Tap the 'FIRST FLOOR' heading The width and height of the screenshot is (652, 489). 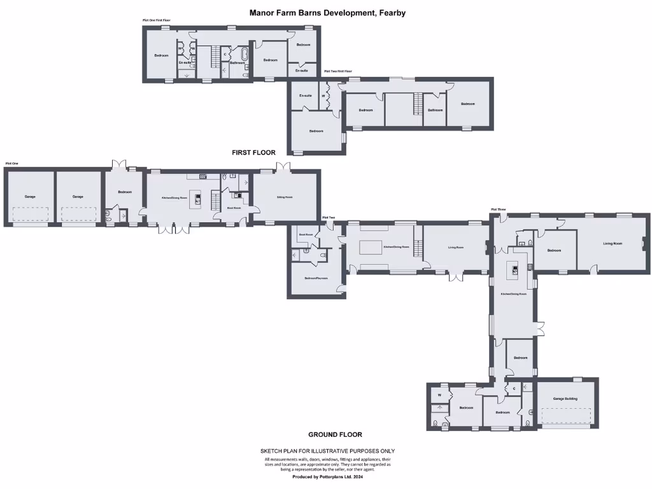coord(253,153)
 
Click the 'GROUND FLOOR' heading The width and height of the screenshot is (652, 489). coord(335,434)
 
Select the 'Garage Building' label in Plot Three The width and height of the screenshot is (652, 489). coord(565,399)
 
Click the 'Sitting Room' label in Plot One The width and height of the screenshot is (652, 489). coord(284,197)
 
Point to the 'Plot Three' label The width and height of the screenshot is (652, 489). coord(498,209)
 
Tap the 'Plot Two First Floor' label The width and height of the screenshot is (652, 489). coord(338,71)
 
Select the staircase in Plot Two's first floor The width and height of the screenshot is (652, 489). coord(418,103)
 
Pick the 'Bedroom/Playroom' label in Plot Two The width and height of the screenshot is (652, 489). coord(316,278)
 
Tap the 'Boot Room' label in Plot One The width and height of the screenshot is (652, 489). coord(234,208)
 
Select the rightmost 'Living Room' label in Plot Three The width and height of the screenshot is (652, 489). coord(613,243)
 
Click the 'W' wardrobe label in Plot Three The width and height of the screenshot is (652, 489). coord(439,395)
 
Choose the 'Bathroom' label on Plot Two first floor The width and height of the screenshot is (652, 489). coord(435,110)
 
